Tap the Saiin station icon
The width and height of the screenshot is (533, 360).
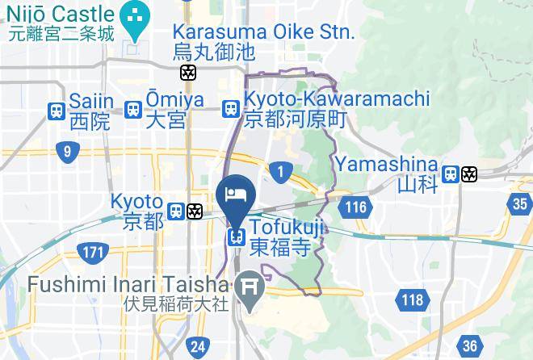click(x=57, y=111)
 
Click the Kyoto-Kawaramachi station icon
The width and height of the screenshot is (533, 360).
click(x=231, y=108)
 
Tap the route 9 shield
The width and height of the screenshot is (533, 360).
click(x=67, y=152)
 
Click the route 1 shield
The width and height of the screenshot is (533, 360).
click(x=281, y=171)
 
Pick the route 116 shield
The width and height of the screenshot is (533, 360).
click(x=355, y=207)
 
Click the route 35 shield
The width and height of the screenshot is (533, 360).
click(x=521, y=204)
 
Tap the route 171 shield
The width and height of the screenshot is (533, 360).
click(x=94, y=253)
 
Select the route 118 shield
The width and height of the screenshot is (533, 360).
click(x=411, y=301)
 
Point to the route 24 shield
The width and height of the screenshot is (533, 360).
click(x=196, y=348)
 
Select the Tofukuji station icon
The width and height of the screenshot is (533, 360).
click(x=236, y=237)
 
